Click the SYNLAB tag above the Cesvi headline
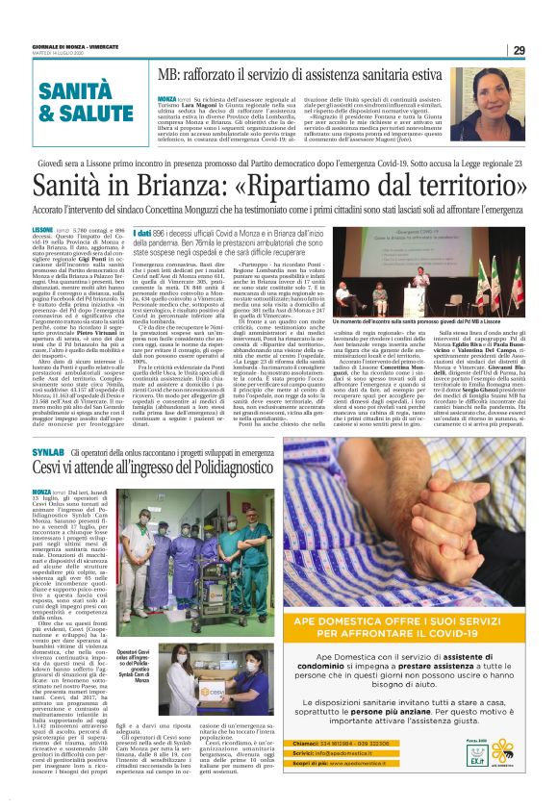tap(47, 452)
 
